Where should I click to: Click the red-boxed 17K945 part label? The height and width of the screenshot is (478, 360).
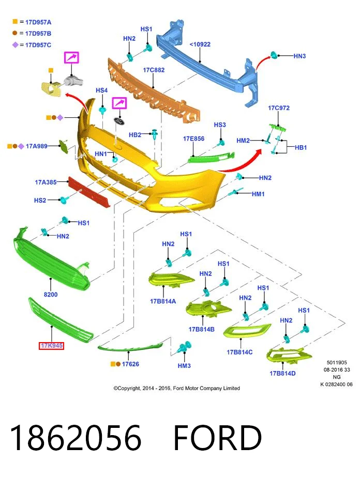[51, 345]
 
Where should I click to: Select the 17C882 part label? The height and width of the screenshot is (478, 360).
[154, 70]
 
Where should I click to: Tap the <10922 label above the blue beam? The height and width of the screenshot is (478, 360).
[200, 44]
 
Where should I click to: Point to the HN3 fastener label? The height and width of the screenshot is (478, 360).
[299, 56]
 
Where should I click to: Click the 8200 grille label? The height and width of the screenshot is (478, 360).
[51, 294]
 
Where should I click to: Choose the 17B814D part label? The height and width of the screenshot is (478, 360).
[282, 373]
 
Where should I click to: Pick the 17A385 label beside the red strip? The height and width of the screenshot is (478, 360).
[46, 182]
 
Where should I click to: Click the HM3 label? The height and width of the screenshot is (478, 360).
[184, 365]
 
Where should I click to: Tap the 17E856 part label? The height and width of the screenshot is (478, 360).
[193, 138]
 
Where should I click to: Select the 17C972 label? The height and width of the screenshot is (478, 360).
[279, 107]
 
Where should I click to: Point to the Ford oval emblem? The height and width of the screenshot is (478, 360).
[119, 120]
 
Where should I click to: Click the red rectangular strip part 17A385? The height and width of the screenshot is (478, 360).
[89, 192]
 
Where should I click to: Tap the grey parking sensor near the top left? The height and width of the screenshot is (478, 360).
[73, 81]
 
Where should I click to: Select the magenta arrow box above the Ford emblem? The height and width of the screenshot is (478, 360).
[119, 103]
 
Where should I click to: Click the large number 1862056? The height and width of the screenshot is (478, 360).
[76, 438]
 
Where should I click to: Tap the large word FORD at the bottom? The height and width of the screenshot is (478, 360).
[218, 438]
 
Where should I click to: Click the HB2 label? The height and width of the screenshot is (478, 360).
[135, 134]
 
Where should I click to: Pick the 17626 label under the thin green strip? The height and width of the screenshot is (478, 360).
[130, 364]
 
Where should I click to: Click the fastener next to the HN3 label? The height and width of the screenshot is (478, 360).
[274, 55]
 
